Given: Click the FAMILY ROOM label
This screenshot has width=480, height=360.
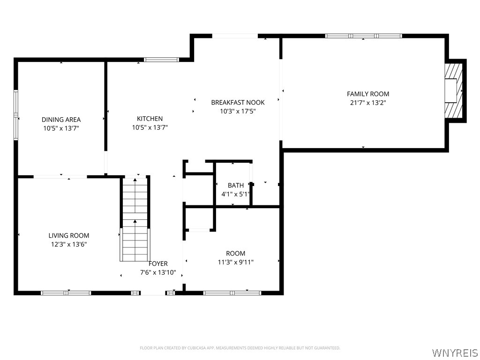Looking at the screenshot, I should (x=367, y=94).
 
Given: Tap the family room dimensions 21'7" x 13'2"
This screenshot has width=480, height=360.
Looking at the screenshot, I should (x=367, y=102).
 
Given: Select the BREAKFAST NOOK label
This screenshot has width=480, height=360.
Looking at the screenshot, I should (x=238, y=102).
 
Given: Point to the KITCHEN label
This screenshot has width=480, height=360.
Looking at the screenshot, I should (x=150, y=119).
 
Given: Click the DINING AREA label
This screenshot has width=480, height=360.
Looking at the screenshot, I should (x=61, y=120).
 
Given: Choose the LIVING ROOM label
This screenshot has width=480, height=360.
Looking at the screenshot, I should (x=69, y=235).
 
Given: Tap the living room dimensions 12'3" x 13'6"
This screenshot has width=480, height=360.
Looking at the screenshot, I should (x=69, y=244).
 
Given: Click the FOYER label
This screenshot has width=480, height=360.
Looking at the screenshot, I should (x=158, y=264).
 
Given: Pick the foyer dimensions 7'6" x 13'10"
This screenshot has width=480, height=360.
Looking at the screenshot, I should (x=158, y=272).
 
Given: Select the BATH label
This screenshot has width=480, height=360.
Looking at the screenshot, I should (x=235, y=185).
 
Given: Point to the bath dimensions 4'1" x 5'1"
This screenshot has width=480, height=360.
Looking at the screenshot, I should (x=235, y=194).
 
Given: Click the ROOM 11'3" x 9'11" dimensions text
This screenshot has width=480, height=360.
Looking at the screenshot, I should (x=235, y=262).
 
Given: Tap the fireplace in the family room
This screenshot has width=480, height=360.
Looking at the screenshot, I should (x=453, y=90).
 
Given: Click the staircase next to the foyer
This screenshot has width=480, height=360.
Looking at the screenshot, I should (x=135, y=219).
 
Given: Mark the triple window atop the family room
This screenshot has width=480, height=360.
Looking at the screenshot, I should (x=364, y=36).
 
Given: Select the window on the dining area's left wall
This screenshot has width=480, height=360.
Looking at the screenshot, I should (x=16, y=115).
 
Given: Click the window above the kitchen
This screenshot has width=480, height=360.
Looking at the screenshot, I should (x=161, y=60).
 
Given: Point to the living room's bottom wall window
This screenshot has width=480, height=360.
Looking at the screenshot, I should (x=66, y=293).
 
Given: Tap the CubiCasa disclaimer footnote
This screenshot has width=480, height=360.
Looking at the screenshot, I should (x=240, y=348).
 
